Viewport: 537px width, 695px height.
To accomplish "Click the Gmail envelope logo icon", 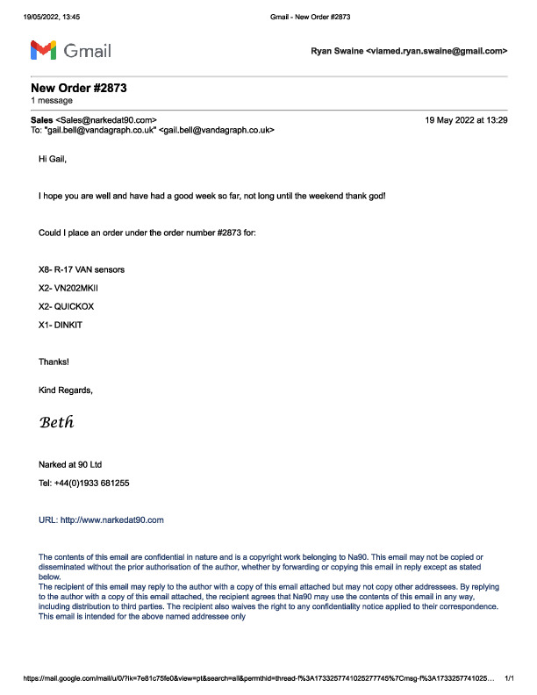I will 44,50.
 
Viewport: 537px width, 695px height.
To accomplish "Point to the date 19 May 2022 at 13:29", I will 465,118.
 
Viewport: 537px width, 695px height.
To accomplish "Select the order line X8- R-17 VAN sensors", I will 82,269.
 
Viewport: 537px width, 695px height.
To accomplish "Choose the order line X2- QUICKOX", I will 69,306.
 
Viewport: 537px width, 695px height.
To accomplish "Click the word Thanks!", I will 54,362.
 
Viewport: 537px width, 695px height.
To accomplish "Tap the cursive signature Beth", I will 57,422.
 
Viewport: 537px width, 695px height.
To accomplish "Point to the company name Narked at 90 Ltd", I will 76,464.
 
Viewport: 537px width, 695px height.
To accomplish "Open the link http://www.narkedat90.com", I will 111,519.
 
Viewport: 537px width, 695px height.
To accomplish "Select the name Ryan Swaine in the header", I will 336,52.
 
